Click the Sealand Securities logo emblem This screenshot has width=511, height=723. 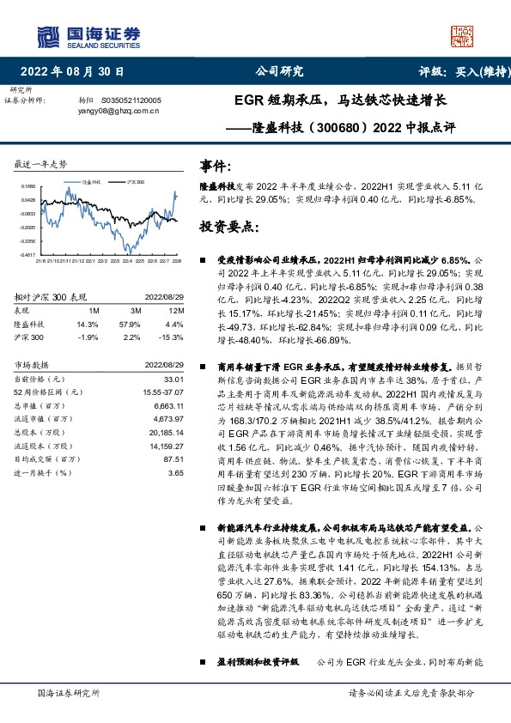[x=47, y=35]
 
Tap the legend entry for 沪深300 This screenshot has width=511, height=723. [x=135, y=183]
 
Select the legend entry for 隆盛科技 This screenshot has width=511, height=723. [x=92, y=183]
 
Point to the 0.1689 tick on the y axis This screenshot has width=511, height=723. [x=28, y=185]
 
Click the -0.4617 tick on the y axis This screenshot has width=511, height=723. [x=28, y=254]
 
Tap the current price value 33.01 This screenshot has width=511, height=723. [x=174, y=378]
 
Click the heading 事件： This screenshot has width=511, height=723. [x=216, y=165]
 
